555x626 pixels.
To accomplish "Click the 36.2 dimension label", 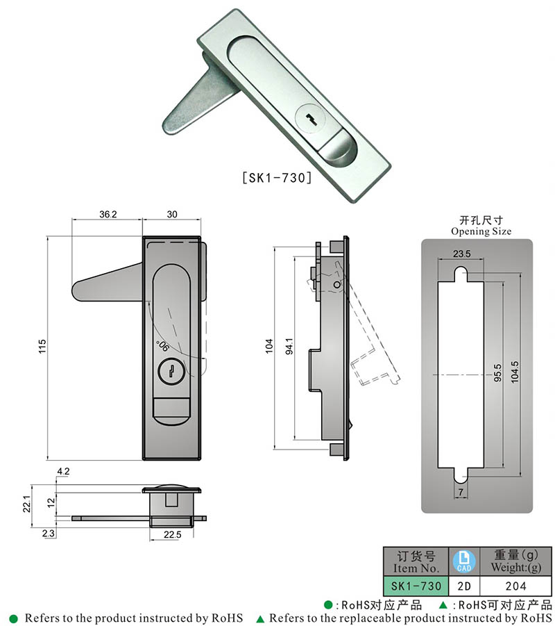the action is tap(108, 215).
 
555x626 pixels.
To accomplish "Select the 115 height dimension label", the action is tap(42, 346).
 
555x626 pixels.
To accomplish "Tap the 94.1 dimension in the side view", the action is tap(289, 346).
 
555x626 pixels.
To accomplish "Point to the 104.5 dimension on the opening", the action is tap(515, 372).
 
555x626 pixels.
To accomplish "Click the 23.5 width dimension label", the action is tap(462, 254).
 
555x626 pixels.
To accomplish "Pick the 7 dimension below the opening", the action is tap(461, 492).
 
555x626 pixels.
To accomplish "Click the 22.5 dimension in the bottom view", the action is tap(172, 534).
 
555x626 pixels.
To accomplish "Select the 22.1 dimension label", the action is tap(26, 504).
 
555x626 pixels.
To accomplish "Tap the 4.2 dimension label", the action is tap(63, 472).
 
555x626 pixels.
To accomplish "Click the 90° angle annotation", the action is tap(162, 346).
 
